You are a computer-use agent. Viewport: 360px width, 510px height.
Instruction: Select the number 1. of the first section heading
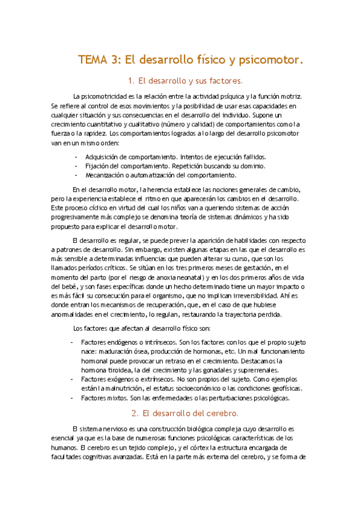[132, 80]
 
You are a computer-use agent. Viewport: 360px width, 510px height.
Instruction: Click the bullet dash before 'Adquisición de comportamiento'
[76, 156]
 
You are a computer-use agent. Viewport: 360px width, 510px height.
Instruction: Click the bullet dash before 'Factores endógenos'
[73, 342]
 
